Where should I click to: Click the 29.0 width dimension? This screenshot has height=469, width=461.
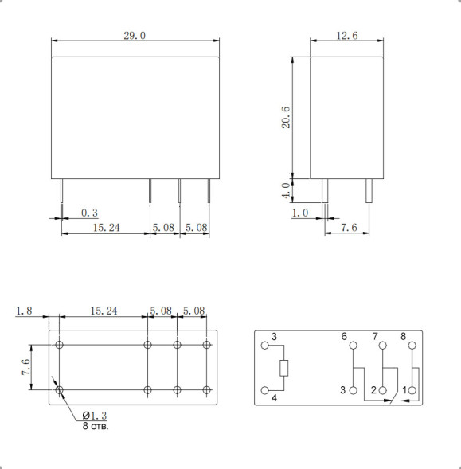click(x=135, y=36)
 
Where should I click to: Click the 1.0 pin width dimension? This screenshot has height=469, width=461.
click(x=300, y=213)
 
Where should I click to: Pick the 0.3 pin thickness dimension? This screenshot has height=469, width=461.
click(x=89, y=213)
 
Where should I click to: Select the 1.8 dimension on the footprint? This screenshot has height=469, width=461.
click(x=24, y=311)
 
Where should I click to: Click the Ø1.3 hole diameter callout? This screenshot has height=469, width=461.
click(x=94, y=416)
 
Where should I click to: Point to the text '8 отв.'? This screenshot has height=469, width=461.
click(x=96, y=427)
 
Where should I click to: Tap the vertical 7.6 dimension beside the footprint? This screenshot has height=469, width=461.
click(x=25, y=367)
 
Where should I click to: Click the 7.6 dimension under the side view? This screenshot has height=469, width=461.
click(x=349, y=228)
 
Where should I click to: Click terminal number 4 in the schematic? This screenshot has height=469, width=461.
click(x=274, y=398)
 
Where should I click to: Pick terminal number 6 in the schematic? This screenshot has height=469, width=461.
click(x=345, y=337)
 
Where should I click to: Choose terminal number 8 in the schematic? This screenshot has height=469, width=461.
click(x=403, y=337)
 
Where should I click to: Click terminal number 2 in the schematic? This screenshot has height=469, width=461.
click(x=373, y=390)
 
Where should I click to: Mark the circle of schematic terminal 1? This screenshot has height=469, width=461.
click(x=412, y=390)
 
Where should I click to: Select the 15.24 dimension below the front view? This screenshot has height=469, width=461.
click(x=106, y=228)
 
